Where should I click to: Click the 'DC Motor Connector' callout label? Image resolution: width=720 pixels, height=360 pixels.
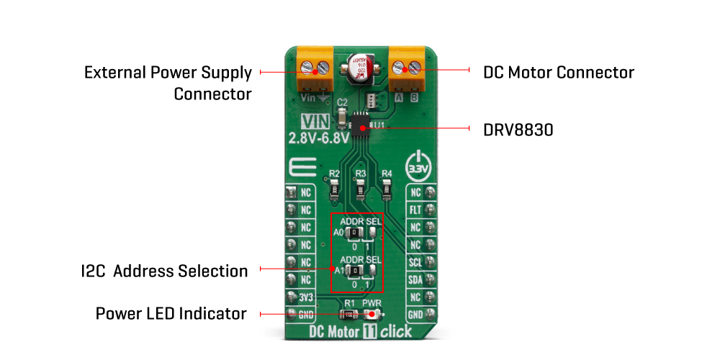tap(559, 73)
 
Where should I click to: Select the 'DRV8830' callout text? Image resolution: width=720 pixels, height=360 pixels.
tap(518, 130)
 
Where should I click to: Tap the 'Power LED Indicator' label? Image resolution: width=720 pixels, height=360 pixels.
tap(171, 314)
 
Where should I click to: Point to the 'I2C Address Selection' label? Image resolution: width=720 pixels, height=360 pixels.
tap(164, 271)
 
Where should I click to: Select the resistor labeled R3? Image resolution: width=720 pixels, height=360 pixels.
tap(361, 189)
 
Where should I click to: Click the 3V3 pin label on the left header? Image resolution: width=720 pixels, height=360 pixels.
tap(306, 297)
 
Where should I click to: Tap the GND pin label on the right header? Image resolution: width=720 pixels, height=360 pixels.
tap(415, 314)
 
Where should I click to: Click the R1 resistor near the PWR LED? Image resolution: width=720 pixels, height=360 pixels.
tap(350, 315)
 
